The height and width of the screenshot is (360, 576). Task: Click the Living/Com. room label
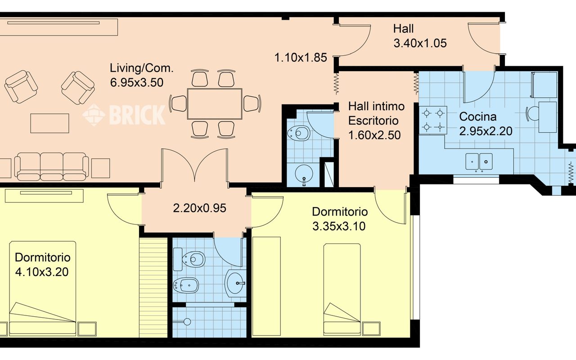(x=142, y=68)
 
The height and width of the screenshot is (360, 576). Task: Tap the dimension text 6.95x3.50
(x=137, y=82)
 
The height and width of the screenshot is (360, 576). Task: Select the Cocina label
(x=478, y=117)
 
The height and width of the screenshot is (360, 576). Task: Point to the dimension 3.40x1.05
(x=420, y=43)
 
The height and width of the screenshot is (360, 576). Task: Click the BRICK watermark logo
(x=124, y=115)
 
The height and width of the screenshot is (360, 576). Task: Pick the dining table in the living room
(x=215, y=104)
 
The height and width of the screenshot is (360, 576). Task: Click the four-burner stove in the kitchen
(x=433, y=120)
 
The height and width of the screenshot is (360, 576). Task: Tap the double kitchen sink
(x=479, y=162)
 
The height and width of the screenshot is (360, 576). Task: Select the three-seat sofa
(x=52, y=166)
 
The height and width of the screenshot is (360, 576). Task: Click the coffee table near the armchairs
(x=49, y=123)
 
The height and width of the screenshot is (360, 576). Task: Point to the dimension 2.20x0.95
(x=199, y=208)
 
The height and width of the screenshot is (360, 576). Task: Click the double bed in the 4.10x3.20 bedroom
(x=43, y=288)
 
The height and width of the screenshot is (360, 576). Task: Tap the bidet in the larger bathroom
(x=186, y=285)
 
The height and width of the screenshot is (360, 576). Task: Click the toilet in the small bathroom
(x=298, y=133)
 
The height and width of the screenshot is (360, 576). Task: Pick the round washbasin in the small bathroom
(x=304, y=173)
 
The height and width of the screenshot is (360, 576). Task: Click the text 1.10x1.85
(x=301, y=58)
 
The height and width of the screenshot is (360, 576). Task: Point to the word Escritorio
(x=373, y=121)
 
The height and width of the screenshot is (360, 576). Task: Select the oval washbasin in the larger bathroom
(x=234, y=283)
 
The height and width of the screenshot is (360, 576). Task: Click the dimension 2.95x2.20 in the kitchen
(x=486, y=131)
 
